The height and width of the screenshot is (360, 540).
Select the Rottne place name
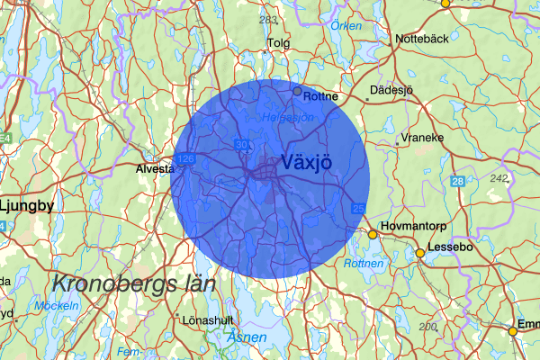(321, 95)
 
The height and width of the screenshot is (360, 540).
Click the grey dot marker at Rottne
(297, 91)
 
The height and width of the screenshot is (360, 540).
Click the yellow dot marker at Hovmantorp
(372, 235)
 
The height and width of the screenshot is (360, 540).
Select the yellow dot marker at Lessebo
(419, 254)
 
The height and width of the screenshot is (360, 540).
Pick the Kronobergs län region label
(133, 284)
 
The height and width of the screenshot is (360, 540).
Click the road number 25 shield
(358, 210)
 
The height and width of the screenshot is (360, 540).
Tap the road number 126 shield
(186, 158)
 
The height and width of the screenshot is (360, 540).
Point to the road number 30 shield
(240, 144)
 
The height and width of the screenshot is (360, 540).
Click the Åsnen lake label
(247, 337)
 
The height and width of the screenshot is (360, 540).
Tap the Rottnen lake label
(364, 264)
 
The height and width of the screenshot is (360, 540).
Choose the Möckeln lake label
(56, 306)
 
